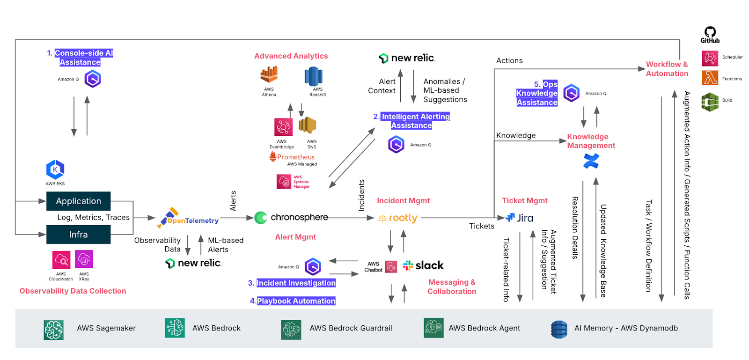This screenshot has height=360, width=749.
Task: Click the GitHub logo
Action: point(710,34)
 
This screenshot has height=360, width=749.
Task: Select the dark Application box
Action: point(79,201)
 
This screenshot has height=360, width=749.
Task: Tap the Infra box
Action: point(79,235)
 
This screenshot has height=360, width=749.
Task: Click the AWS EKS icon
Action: point(55,169)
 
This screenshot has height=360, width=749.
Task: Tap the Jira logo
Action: point(520,218)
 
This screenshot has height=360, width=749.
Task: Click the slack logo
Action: point(423,265)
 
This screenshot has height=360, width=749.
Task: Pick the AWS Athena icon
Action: point(269,75)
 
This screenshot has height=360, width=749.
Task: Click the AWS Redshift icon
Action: point(313,76)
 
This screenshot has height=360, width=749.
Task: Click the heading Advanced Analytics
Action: point(291,56)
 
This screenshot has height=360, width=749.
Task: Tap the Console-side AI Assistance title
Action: point(80,58)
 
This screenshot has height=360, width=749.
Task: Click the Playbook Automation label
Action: point(296,301)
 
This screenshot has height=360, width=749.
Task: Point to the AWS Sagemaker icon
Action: point(53,330)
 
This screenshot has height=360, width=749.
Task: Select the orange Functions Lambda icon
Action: point(710,78)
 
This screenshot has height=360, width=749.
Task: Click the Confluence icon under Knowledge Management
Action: point(591,161)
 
